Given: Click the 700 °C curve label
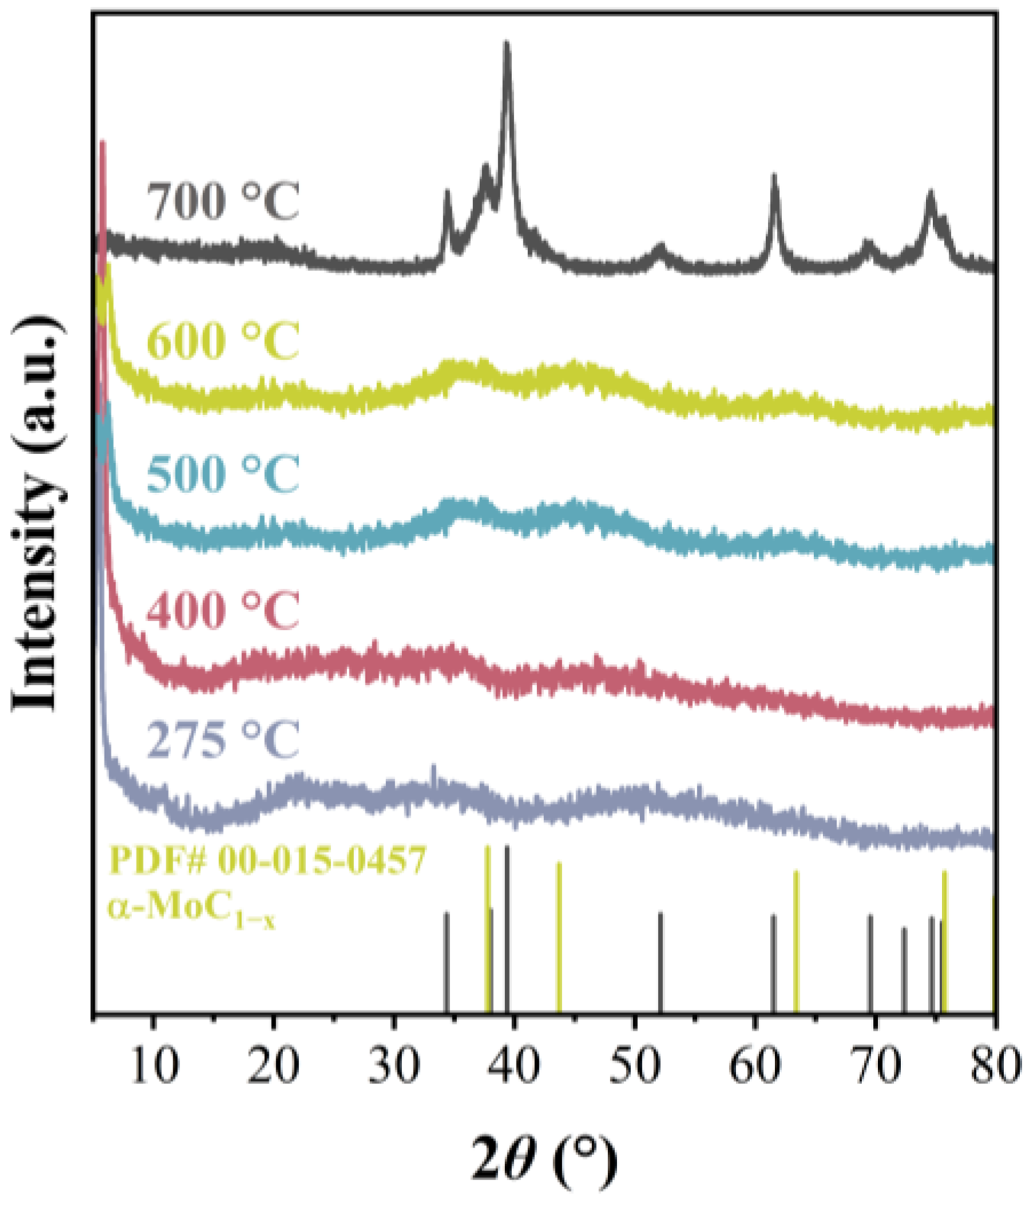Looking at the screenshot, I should click(224, 201).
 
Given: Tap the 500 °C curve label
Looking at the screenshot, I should click(223, 474).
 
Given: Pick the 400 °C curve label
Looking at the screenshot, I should click(223, 609).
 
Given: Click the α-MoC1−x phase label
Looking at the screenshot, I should click(191, 909).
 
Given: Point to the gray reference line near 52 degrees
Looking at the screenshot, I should click(660, 961).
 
